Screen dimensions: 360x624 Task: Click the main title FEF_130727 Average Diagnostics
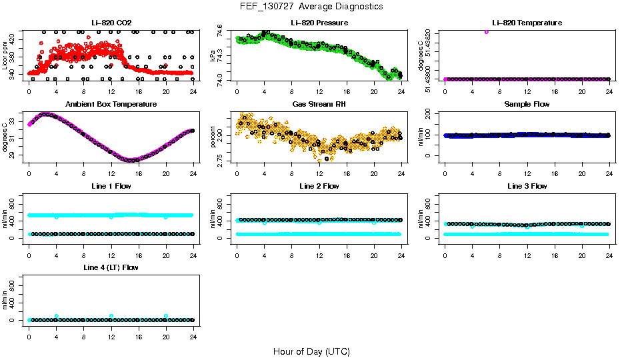pos(312,6)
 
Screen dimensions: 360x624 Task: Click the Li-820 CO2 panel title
pos(111,23)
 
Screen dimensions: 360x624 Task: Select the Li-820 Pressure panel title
pos(319,23)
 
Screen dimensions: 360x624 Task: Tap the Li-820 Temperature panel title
pos(527,23)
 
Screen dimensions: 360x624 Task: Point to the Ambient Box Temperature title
pos(111,104)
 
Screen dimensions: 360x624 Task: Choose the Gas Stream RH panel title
pos(319,104)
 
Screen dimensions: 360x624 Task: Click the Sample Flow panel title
pos(527,104)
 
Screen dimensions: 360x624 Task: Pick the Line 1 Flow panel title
pos(111,186)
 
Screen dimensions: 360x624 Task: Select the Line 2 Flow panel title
pos(319,186)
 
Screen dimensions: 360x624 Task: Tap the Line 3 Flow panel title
pos(527,186)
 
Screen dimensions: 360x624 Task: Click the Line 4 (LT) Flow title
pos(111,267)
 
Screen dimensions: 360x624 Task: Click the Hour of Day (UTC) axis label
pos(311,351)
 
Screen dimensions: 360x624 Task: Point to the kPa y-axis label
pos(213,56)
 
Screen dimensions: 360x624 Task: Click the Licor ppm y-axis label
pos(5,56)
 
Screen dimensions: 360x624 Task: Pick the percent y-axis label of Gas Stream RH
pos(213,137)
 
